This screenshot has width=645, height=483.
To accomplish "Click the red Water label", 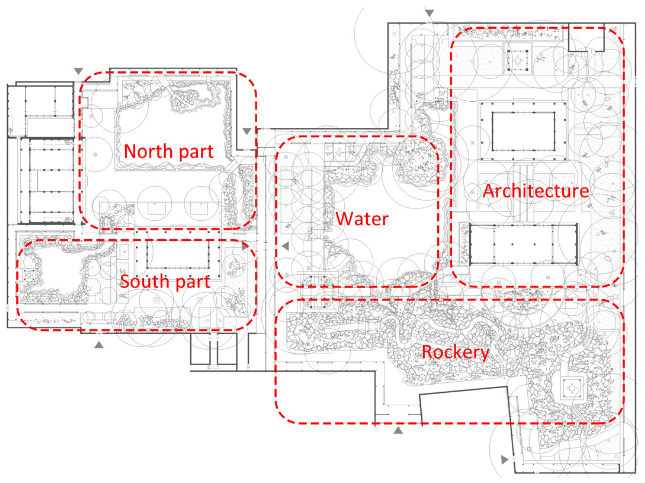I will [x=362, y=219].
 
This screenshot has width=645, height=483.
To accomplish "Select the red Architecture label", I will [x=536, y=191].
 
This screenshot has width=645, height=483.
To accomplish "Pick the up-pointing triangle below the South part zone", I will [x=99, y=344].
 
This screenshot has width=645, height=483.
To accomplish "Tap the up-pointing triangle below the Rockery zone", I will [x=398, y=430].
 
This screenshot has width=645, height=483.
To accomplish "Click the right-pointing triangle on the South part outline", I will [x=245, y=247].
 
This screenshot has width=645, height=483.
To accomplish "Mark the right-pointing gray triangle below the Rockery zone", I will [x=504, y=460].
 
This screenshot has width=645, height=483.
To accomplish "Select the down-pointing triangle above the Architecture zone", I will [x=429, y=13].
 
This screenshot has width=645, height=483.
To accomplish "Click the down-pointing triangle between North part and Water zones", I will [x=247, y=131].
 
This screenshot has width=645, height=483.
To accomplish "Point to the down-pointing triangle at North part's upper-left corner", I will [x=78, y=71].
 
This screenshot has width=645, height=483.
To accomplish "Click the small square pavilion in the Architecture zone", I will [x=517, y=60].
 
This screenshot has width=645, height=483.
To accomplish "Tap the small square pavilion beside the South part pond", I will [x=29, y=275].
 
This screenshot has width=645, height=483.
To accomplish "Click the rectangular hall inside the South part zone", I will [x=178, y=255].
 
